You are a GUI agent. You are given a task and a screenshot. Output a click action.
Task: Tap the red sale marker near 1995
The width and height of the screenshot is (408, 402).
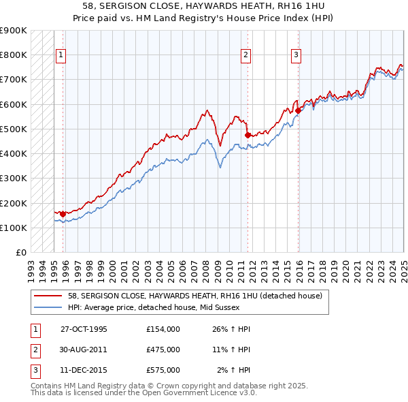point(63,214)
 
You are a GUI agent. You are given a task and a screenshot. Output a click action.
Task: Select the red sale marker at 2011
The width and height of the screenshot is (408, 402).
point(248,135)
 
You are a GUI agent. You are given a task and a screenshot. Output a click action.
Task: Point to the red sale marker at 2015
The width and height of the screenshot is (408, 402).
point(298,110)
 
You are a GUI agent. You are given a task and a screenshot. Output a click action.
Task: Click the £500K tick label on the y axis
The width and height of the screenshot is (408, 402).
point(14,129)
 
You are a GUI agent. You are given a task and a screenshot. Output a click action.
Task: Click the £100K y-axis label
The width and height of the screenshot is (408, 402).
point(14,228)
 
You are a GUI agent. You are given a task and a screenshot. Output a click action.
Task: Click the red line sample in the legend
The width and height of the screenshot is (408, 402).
point(49,296)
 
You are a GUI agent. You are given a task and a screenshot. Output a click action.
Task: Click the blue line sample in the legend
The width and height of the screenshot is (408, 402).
point(49,307)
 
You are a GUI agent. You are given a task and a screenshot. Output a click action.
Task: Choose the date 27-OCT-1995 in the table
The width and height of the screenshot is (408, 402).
point(84,329)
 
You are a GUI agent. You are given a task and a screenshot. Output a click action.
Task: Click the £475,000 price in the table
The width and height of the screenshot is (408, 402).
point(163,350)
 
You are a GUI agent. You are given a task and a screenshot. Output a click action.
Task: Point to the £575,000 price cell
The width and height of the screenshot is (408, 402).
point(163,370)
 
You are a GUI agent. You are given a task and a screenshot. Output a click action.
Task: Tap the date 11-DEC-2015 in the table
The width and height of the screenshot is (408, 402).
point(84,370)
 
